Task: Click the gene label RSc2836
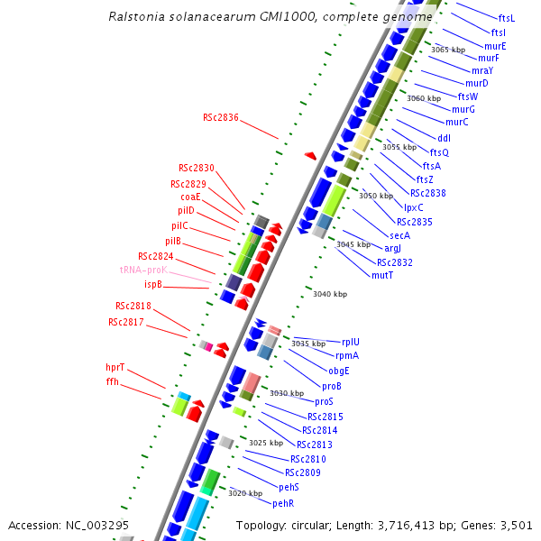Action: (221, 116)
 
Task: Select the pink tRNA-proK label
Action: (143, 270)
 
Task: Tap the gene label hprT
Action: (115, 367)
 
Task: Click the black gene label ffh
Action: (112, 381)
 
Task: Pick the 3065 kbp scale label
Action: (448, 50)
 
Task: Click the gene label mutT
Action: (382, 275)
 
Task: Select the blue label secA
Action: (399, 235)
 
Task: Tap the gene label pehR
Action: (283, 502)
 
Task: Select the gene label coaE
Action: (190, 197)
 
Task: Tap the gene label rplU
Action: (350, 342)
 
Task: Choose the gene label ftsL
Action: (506, 18)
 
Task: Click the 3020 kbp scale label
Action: (245, 493)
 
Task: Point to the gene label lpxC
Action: (414, 207)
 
